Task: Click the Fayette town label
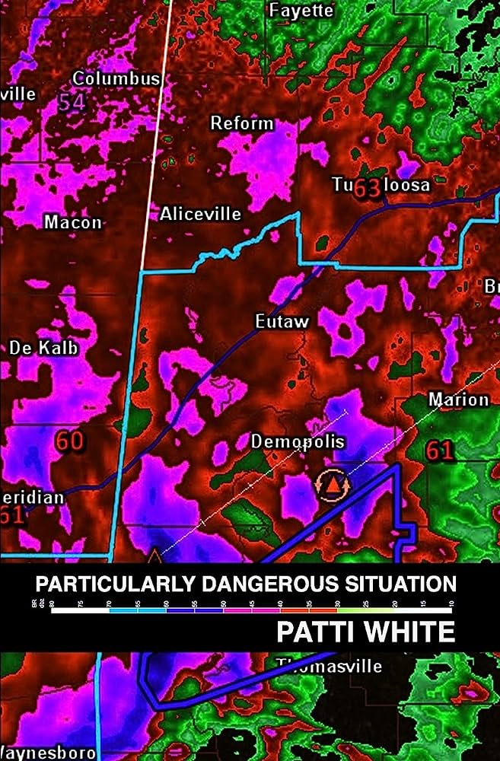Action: [x=301, y=11]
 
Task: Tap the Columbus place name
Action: [x=116, y=78]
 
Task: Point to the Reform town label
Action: [x=241, y=123]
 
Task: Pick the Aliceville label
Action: [x=200, y=215]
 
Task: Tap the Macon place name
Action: [x=72, y=223]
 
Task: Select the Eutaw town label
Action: [x=282, y=322]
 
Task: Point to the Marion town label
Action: [x=458, y=400]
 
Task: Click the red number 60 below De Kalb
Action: [x=68, y=441]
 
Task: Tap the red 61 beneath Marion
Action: [x=440, y=451]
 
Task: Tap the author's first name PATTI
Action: [x=319, y=632]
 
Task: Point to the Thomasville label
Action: [x=328, y=667]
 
